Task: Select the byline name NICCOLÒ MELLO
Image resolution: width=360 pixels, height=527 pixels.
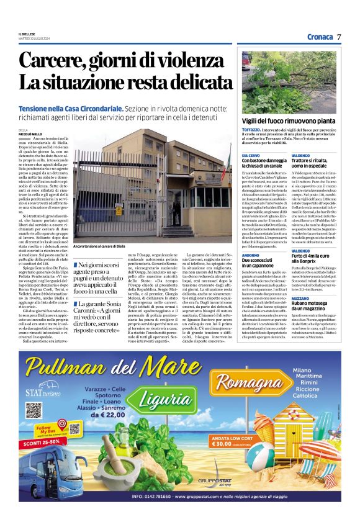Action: [31, 133]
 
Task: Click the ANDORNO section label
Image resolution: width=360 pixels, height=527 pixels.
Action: [251, 255]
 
